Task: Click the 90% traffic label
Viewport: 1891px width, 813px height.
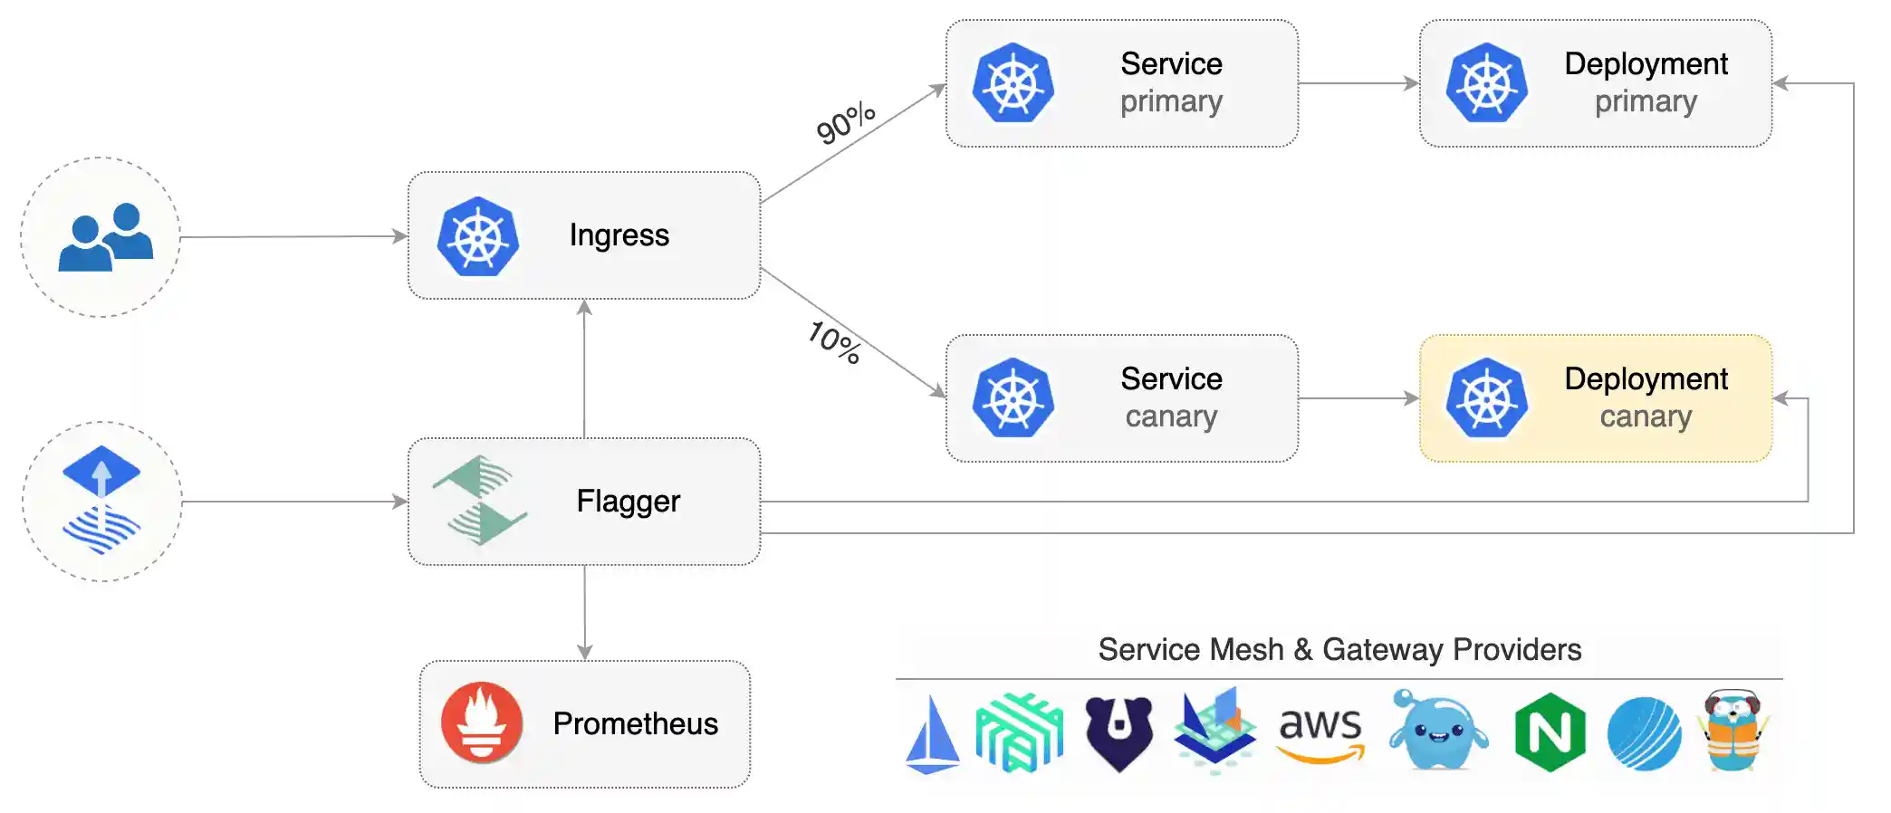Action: pyautogui.click(x=846, y=123)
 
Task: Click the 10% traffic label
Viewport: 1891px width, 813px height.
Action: pyautogui.click(x=835, y=342)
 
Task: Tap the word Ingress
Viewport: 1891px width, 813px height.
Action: pyautogui.click(x=619, y=235)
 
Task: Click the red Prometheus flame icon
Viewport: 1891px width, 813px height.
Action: pyautogui.click(x=482, y=722)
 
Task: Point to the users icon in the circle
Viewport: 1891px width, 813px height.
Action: pyautogui.click(x=105, y=237)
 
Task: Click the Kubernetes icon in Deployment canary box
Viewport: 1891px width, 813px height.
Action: pyautogui.click(x=1487, y=398)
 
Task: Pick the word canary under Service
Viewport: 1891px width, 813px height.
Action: pyautogui.click(x=1171, y=416)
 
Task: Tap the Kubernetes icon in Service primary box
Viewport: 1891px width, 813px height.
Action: pyautogui.click(x=1013, y=82)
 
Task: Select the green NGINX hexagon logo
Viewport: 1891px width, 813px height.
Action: pyautogui.click(x=1550, y=732)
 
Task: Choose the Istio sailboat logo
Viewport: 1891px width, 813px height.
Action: pyautogui.click(x=933, y=734)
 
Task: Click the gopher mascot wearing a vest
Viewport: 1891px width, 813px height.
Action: pyautogui.click(x=1733, y=732)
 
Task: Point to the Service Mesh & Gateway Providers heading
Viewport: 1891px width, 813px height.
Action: pyautogui.click(x=1339, y=649)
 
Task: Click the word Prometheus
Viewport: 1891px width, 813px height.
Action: pyautogui.click(x=636, y=724)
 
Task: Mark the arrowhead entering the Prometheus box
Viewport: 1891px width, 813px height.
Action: pyautogui.click(x=585, y=653)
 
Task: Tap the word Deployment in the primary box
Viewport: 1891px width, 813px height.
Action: pyautogui.click(x=1646, y=63)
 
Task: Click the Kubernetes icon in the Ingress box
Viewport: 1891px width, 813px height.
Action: pyautogui.click(x=478, y=236)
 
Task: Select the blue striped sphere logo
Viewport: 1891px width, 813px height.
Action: pyautogui.click(x=1644, y=733)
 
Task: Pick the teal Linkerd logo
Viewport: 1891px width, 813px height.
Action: pyautogui.click(x=1019, y=732)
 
